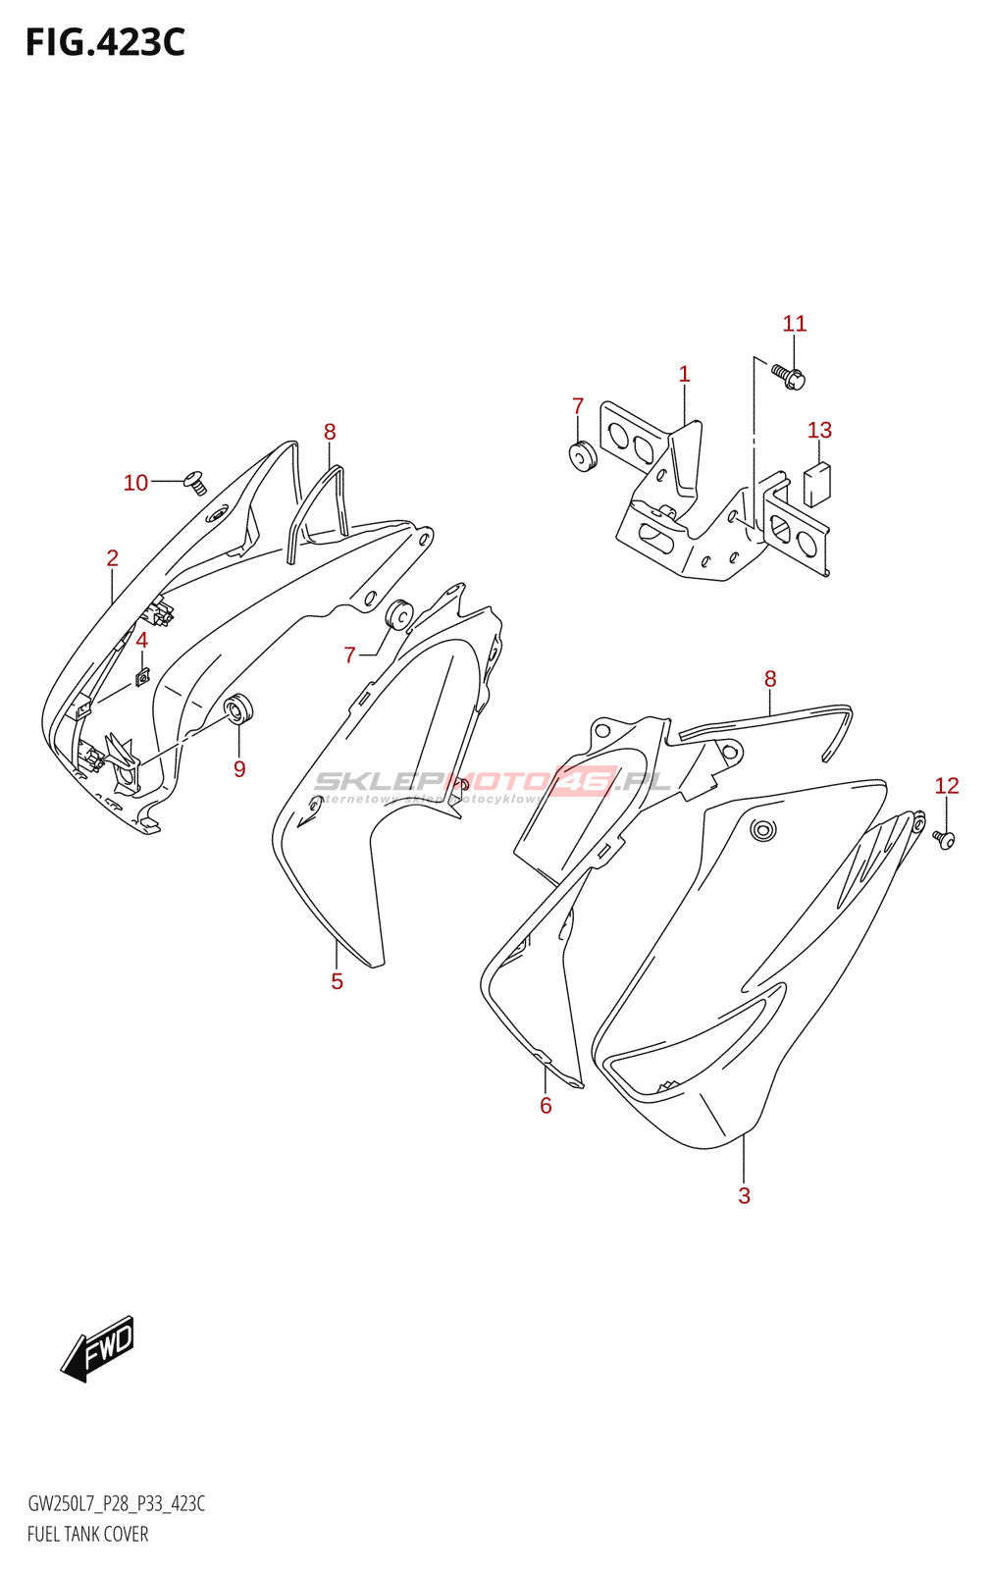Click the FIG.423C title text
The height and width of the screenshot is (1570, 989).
click(105, 43)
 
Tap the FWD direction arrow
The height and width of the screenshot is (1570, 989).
click(98, 1348)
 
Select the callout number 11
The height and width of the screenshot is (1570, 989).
click(794, 324)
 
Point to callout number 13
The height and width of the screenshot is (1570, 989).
click(819, 430)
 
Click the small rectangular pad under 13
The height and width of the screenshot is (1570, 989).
click(816, 483)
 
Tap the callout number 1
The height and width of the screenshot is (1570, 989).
click(684, 374)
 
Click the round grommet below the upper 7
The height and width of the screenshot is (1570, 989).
click(582, 456)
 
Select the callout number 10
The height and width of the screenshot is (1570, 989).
click(135, 483)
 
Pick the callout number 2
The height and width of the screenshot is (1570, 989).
click(112, 558)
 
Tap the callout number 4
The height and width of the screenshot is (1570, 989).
click(141, 641)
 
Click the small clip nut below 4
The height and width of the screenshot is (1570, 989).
click(142, 677)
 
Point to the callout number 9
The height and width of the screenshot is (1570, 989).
click(239, 769)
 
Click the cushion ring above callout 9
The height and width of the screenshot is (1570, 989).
click(238, 707)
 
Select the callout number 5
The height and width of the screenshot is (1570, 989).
click(337, 981)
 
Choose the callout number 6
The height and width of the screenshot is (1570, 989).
click(546, 1106)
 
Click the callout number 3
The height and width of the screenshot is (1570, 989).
click(744, 1195)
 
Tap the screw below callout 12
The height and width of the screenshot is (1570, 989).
click(945, 840)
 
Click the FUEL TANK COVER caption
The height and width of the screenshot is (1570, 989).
click(88, 1535)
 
